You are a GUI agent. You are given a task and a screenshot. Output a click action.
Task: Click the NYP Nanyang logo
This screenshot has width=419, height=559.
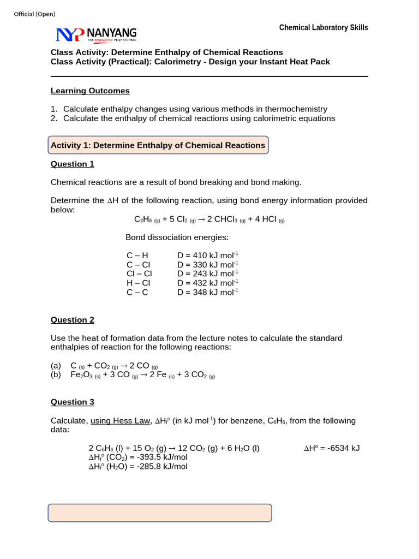(97, 34)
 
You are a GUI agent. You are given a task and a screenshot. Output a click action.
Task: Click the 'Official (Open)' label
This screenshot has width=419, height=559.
(34, 14)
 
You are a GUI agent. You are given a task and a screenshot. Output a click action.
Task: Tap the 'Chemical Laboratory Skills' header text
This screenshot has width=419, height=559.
(324, 27)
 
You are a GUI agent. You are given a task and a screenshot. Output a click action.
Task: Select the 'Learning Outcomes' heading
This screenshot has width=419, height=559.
(90, 91)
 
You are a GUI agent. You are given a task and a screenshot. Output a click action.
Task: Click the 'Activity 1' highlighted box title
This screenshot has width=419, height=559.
(158, 145)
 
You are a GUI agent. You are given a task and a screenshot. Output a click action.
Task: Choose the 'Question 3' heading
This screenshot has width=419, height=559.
(73, 402)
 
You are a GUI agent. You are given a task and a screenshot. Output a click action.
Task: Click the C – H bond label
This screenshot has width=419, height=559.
(137, 255)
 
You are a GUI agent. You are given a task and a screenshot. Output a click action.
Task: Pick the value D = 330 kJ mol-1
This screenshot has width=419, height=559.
(208, 264)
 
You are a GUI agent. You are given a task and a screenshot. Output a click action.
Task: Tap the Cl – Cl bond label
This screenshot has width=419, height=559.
(139, 273)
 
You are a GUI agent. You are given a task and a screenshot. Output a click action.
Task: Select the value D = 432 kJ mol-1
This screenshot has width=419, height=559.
(208, 283)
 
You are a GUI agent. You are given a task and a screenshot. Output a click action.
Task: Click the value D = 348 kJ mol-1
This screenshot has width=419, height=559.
(208, 292)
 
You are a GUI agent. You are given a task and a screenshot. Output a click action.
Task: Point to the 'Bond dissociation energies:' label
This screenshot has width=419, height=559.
(177, 237)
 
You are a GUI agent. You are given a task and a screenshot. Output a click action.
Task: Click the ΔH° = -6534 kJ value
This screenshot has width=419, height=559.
(332, 448)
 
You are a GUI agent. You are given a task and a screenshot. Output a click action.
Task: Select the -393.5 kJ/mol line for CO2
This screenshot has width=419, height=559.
(138, 457)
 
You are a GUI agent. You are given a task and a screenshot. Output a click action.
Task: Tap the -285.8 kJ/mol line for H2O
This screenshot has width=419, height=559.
(138, 467)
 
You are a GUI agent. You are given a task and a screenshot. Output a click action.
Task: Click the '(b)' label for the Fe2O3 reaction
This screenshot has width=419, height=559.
(56, 375)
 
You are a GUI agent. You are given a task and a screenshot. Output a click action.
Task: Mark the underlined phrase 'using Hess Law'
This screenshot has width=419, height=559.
(120, 421)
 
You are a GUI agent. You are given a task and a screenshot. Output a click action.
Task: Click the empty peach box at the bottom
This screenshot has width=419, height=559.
(160, 513)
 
